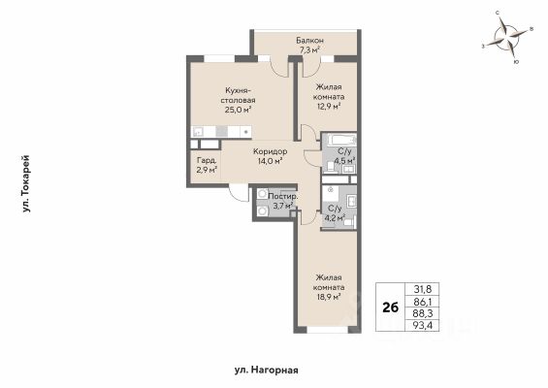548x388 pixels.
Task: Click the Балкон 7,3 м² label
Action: [x=309, y=46]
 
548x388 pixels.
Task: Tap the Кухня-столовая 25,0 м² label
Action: [x=238, y=100]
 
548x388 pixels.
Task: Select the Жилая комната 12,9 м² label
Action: [x=329, y=96]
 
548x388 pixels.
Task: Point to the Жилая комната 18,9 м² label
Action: [x=329, y=287]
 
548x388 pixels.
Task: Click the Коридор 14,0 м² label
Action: [x=271, y=156]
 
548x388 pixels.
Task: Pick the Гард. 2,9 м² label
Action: [x=207, y=165]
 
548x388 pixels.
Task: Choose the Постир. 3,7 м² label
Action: [x=283, y=201]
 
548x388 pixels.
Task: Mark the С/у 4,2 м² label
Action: [x=335, y=213]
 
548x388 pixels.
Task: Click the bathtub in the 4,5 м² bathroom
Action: [x=342, y=141]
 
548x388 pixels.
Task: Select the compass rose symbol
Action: [x=507, y=38]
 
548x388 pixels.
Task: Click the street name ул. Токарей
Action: [x=26, y=184]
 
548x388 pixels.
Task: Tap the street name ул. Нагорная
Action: [x=267, y=370]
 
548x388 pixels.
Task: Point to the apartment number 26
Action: [x=390, y=307]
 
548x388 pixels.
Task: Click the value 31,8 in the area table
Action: [x=423, y=289]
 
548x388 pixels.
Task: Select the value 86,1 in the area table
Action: [x=423, y=302]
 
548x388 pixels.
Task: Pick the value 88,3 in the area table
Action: [x=423, y=313]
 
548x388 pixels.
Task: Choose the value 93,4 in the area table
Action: [x=423, y=325]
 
